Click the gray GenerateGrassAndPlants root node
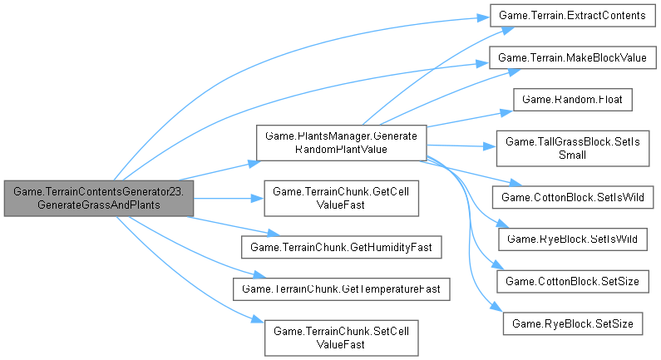pyautogui.click(x=98, y=198)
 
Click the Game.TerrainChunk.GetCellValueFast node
pyautogui.click(x=341, y=198)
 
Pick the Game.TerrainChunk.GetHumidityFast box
pyautogui.click(x=341, y=247)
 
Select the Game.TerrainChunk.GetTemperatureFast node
pyautogui.click(x=341, y=289)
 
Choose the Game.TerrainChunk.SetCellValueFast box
pyautogui.click(x=341, y=337)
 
